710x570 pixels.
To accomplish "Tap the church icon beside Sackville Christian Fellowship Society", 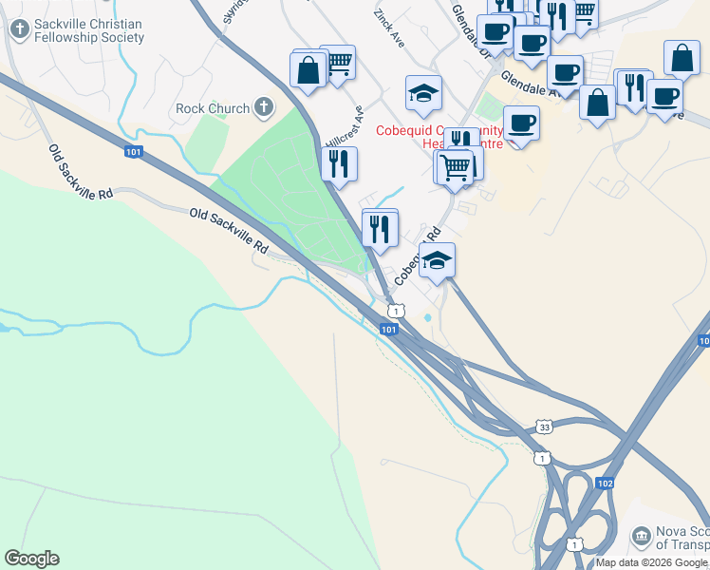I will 18,29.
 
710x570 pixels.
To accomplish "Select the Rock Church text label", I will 213,108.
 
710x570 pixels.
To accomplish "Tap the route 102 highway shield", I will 606,484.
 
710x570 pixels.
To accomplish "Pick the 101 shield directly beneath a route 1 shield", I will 388,329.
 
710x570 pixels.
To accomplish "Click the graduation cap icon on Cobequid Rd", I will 437,260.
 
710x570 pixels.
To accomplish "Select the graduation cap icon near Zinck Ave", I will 423,93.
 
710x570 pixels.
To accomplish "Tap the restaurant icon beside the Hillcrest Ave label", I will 339,163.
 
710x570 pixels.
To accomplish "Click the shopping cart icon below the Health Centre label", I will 456,167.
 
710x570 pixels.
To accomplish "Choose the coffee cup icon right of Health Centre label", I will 521,123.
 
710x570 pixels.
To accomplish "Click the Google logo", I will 31,559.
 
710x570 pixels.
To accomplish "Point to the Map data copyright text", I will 651,562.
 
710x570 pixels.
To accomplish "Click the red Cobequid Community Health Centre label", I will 439,137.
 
